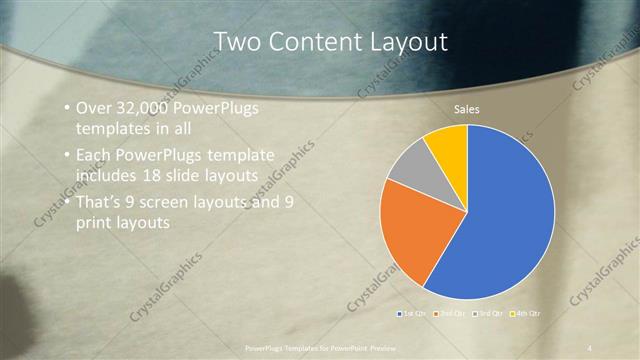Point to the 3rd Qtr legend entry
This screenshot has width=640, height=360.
point(487,314)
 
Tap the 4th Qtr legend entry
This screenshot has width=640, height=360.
point(525,314)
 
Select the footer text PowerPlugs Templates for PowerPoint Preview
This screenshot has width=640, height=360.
point(320,347)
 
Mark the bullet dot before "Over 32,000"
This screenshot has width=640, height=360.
point(66,108)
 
